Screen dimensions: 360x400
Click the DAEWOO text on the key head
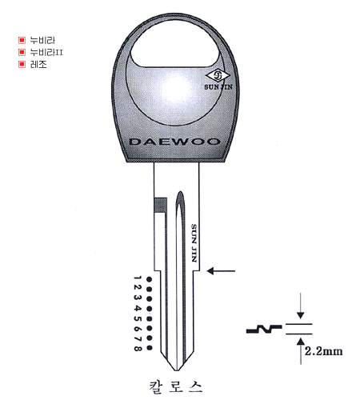pos(174,142)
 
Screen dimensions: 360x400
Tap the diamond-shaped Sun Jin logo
pos(218,76)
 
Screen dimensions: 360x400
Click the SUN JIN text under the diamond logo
pos(218,87)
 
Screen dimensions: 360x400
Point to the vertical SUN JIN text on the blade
pos(194,242)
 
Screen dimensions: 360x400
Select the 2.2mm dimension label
pos(323,351)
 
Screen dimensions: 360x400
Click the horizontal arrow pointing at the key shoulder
pos(221,271)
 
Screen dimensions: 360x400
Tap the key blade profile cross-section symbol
pos(264,330)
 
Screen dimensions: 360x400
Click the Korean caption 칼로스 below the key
pos(176,386)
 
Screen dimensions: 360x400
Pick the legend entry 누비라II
pos(46,52)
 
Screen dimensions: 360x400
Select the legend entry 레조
pos(38,64)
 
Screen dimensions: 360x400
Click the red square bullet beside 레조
pos(22,64)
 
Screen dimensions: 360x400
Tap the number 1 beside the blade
pos(137,278)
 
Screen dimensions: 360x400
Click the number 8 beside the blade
pos(138,348)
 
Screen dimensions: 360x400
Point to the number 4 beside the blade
pos(138,308)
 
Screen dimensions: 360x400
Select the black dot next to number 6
pos(150,328)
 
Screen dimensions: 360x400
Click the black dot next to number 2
pos(150,289)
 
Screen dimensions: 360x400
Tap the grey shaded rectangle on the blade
pos(161,205)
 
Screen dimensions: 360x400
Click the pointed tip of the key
pos(176,370)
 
